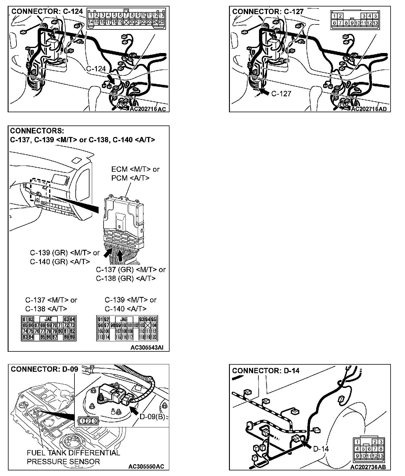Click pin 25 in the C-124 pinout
162,22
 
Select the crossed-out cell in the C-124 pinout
126,22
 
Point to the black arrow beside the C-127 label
264,93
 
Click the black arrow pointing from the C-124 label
111,78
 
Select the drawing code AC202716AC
148,109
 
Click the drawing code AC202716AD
369,109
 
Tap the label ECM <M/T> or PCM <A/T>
135,173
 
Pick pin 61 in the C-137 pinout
25,319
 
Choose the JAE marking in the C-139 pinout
124,319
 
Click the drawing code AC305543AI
147,348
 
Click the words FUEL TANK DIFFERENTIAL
73,453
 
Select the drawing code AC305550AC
146,467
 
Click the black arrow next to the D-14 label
307,444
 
